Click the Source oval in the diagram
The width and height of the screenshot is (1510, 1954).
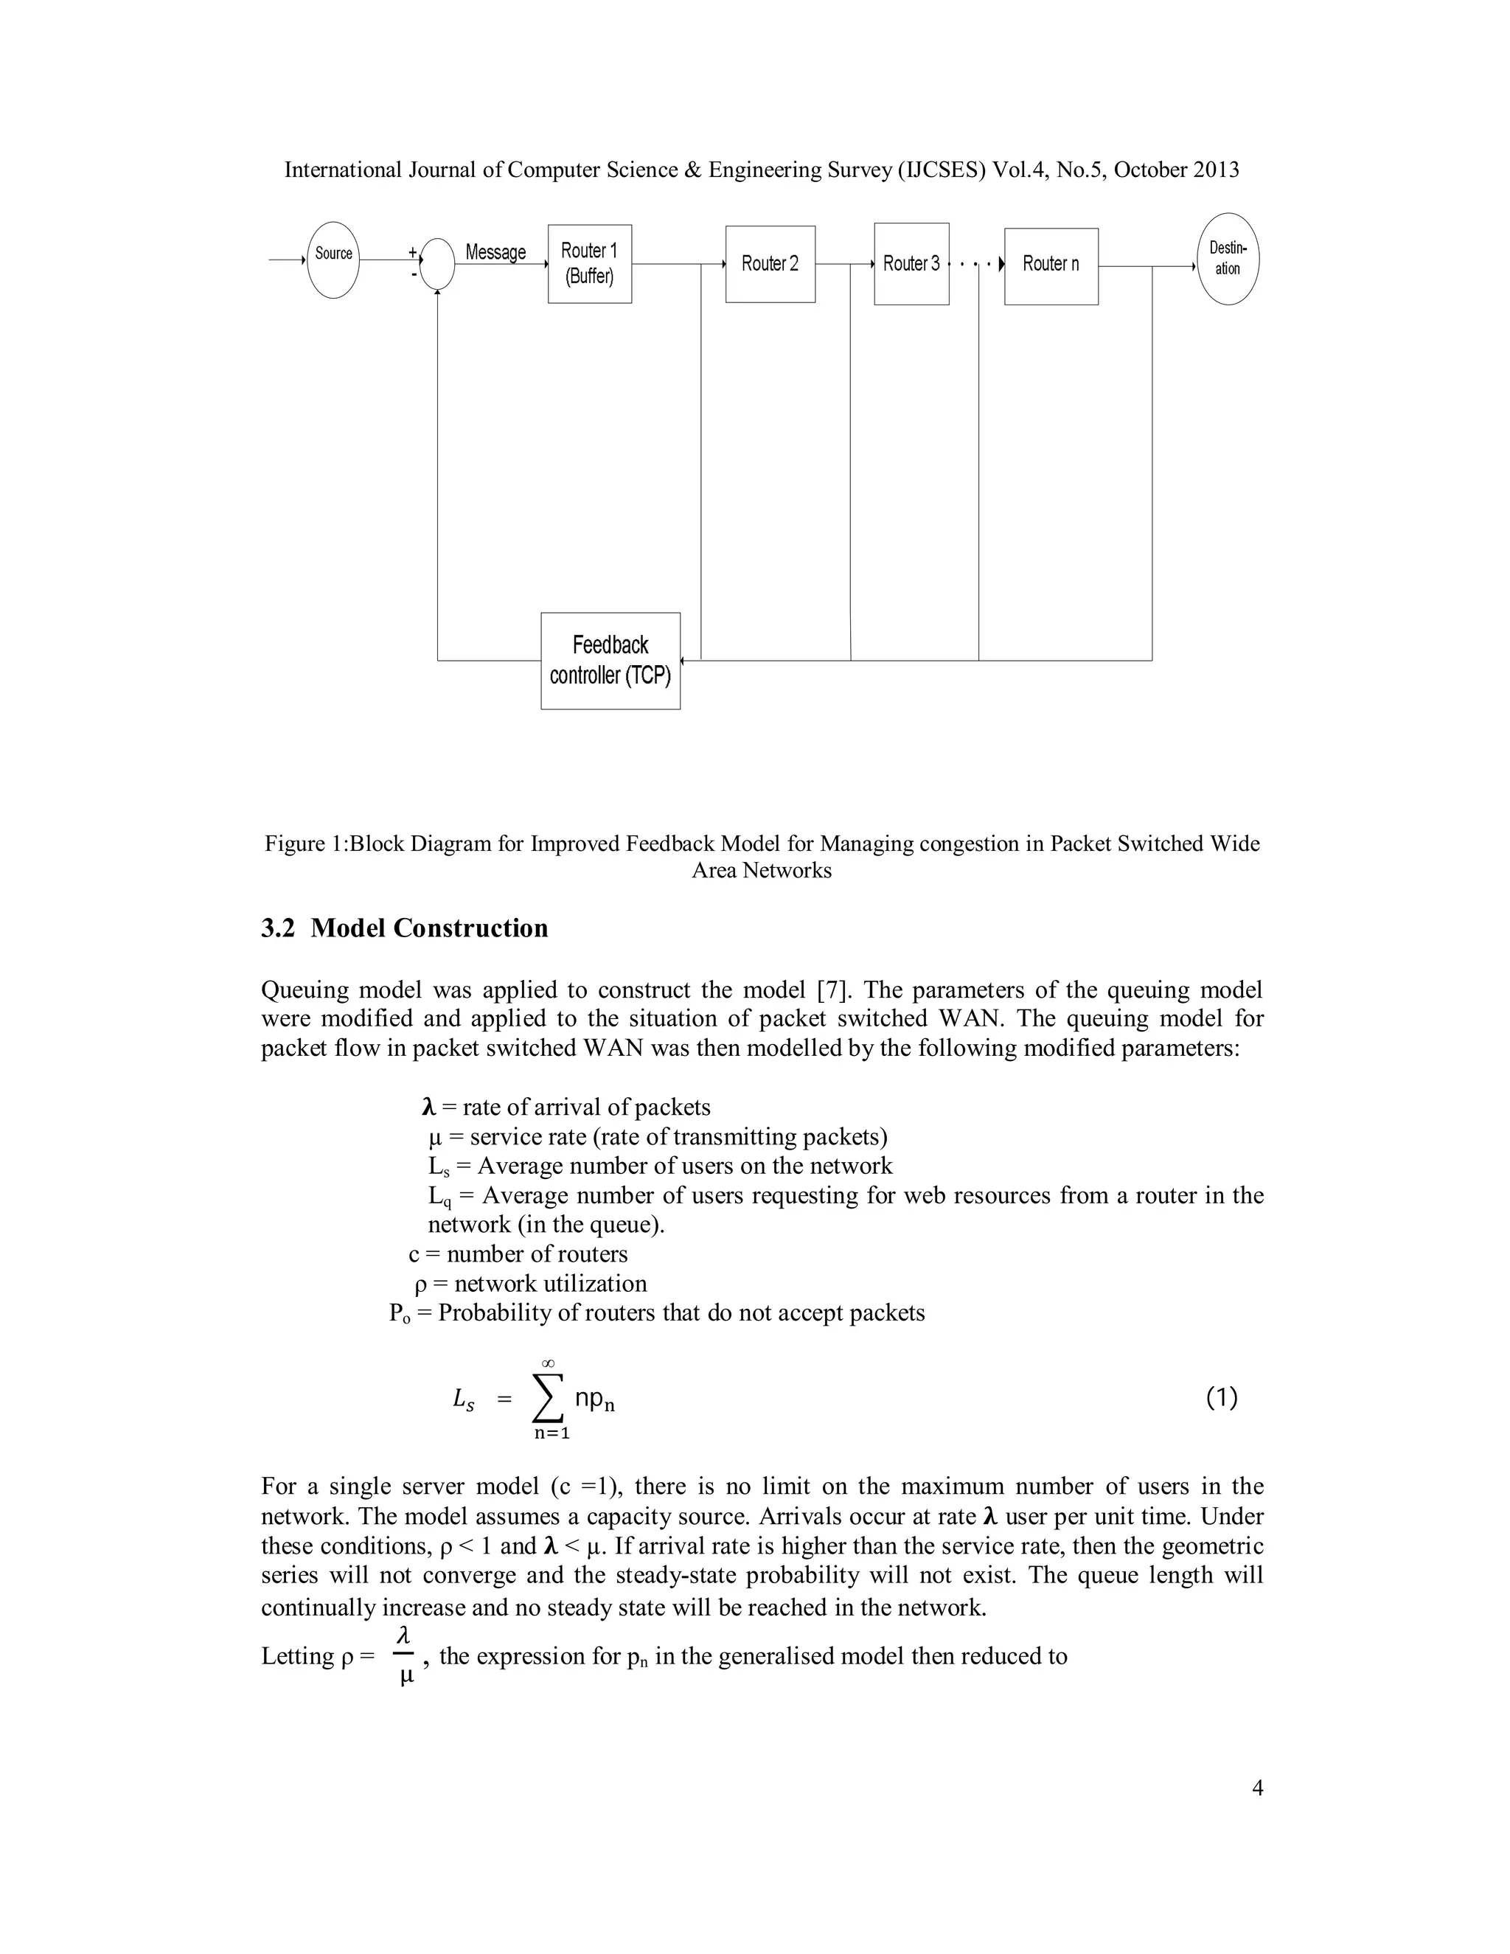[x=333, y=260]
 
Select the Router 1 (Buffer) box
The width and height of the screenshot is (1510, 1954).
[x=590, y=264]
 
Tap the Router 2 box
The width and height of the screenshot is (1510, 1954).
[x=770, y=264]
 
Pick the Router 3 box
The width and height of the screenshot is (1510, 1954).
[x=911, y=264]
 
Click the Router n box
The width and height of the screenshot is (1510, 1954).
[x=1051, y=265]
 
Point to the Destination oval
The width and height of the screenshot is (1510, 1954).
[x=1228, y=259]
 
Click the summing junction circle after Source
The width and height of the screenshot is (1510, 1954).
[x=437, y=264]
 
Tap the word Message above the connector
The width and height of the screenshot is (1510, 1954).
[x=495, y=252]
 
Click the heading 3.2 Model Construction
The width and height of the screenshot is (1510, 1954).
[x=404, y=928]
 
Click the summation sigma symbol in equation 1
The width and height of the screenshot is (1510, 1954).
[x=548, y=1398]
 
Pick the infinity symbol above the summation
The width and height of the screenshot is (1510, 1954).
[x=548, y=1363]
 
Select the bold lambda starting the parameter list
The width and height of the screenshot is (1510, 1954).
[x=428, y=1108]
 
